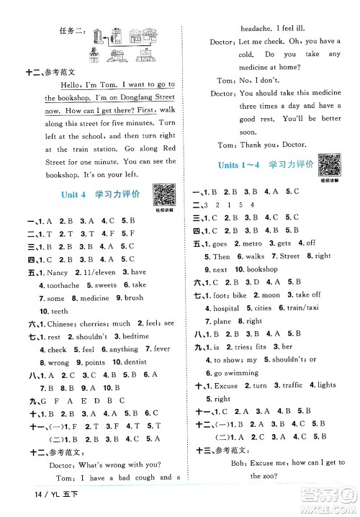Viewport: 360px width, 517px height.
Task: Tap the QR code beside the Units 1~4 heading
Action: pyautogui.click(x=329, y=165)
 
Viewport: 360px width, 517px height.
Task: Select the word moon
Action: pyautogui.click(x=271, y=295)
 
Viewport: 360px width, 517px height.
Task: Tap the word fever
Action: pyautogui.click(x=161, y=350)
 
